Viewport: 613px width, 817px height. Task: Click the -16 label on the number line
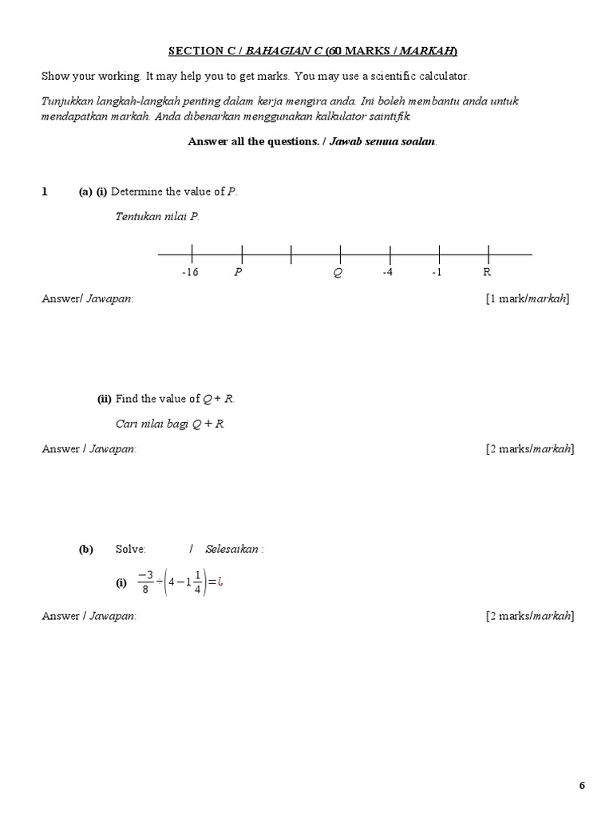point(189,272)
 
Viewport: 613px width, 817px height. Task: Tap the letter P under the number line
point(238,272)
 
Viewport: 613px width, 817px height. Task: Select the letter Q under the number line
point(338,272)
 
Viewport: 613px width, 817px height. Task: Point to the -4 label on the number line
point(387,272)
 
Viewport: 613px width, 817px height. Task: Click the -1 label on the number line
point(437,272)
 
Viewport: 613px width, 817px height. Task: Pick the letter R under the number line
point(487,272)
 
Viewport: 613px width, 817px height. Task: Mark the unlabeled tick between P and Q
point(291,255)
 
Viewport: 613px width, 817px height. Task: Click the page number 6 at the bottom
point(582,786)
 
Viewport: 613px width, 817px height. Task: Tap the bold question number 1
point(45,191)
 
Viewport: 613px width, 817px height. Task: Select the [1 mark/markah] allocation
point(527,298)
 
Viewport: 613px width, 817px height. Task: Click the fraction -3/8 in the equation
point(144,582)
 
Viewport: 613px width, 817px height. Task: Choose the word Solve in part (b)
point(131,549)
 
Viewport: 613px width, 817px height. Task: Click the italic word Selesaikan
point(232,549)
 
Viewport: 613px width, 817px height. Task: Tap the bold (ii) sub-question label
point(105,399)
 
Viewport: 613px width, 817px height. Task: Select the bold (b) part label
point(85,549)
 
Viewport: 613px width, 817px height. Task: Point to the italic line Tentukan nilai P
point(156,217)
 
